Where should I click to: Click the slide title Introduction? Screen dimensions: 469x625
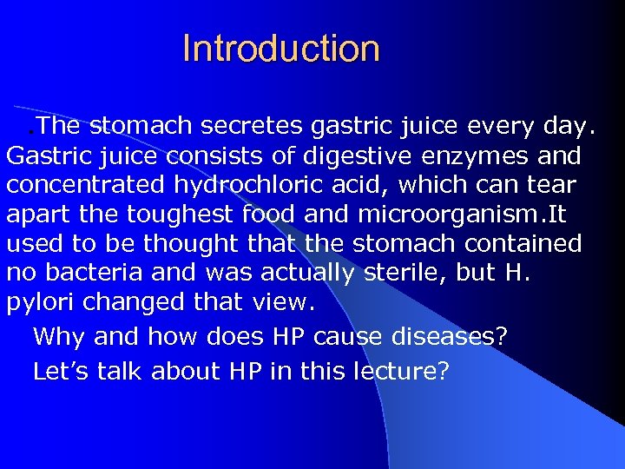click(x=281, y=49)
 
